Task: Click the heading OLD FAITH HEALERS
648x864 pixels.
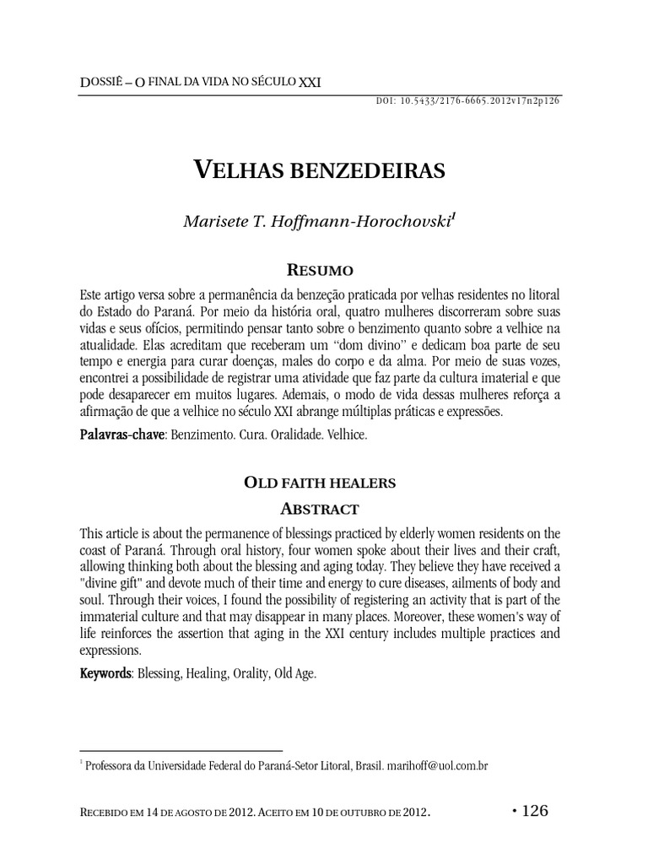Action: point(321,483)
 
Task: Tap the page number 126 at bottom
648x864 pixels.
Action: point(535,811)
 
